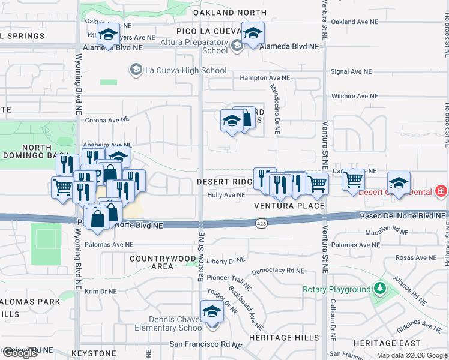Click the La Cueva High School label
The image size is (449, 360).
tap(179, 71)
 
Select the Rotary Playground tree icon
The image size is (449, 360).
tap(379, 289)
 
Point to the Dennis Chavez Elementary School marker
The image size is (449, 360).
tap(211, 313)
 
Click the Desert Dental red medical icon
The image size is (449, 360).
tap(442, 191)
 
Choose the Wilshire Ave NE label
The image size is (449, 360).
tap(354, 96)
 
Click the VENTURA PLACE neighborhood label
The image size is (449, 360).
tap(289, 206)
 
